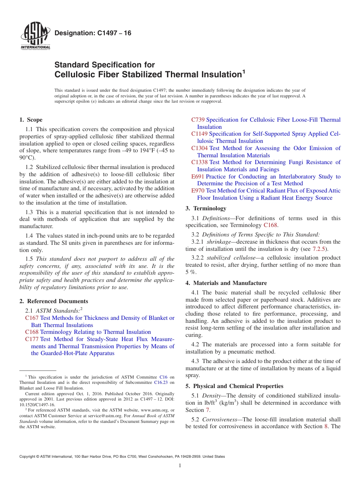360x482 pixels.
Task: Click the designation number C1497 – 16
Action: pos(93,33)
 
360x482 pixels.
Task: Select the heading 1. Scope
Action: pos(31,120)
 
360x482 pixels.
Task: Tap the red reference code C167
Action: pos(31,318)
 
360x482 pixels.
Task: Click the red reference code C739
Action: pos(198,120)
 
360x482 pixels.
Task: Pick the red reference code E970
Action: pos(198,191)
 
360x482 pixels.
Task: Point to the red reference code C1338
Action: pos(199,162)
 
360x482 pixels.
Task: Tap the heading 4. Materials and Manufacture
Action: pos(226,283)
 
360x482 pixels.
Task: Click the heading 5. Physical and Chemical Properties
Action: pos(234,386)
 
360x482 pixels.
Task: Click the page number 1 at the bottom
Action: pos(180,465)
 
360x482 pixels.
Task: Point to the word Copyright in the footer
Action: pos(27,457)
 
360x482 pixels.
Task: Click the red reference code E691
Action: pos(198,177)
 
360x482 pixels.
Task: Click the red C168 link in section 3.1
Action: pos(271,225)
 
